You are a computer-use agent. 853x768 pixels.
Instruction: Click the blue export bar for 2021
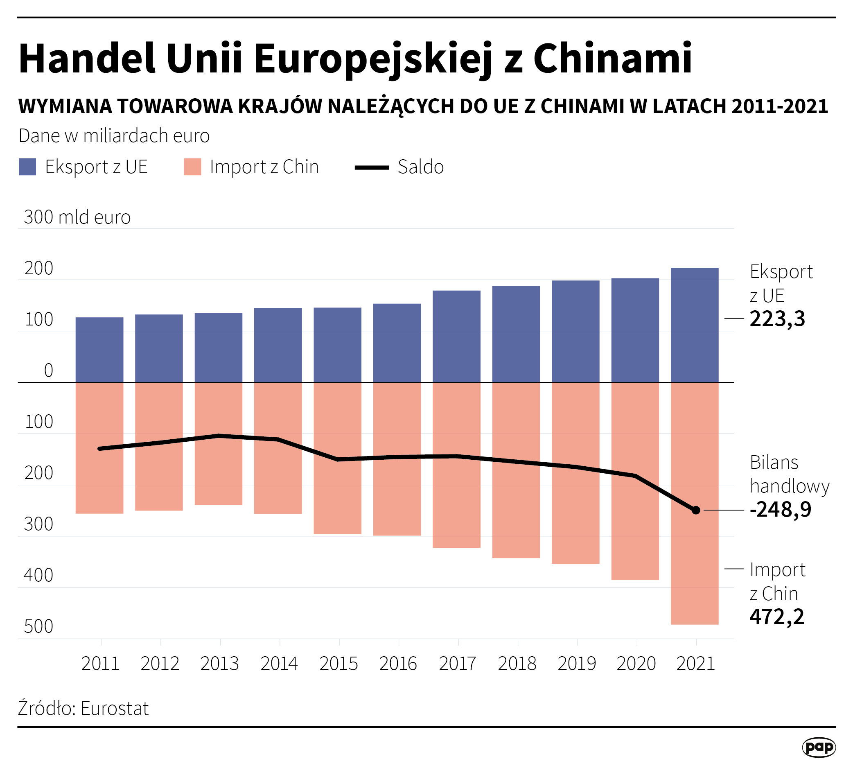pos(694,325)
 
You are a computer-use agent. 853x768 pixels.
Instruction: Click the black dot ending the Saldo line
pos(696,510)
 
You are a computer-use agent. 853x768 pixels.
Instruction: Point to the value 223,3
pos(777,319)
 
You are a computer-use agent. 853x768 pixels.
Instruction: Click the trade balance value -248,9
pos(781,510)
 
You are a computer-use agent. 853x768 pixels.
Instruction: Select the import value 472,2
pos(777,617)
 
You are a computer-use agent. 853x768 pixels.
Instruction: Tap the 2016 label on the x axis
pos(398,664)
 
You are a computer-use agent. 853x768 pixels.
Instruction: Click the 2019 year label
pos(577,664)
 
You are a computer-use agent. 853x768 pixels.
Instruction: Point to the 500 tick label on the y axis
pos(38,627)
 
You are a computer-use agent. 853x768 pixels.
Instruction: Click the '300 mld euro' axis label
pos(77,217)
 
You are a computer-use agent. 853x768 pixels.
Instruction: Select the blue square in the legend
pos(27,167)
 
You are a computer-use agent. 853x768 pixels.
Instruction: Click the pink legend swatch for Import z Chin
pos(192,167)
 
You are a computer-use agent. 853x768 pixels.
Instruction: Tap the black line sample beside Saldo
pos(372,167)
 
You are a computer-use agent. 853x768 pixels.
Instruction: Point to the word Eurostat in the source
pos(115,709)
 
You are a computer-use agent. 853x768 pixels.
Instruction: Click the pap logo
pos(818,747)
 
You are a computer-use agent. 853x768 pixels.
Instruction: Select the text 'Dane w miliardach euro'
pos(114,136)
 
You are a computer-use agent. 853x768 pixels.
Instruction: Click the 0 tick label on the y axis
pos(49,370)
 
